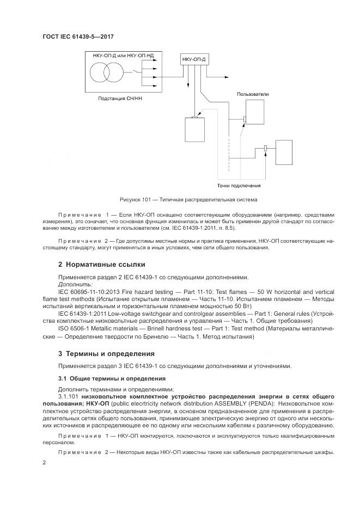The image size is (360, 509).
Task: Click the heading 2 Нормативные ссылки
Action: tap(102, 264)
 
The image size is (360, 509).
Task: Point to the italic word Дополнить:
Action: tap(75, 284)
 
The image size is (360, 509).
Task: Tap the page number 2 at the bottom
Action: tap(44, 463)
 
